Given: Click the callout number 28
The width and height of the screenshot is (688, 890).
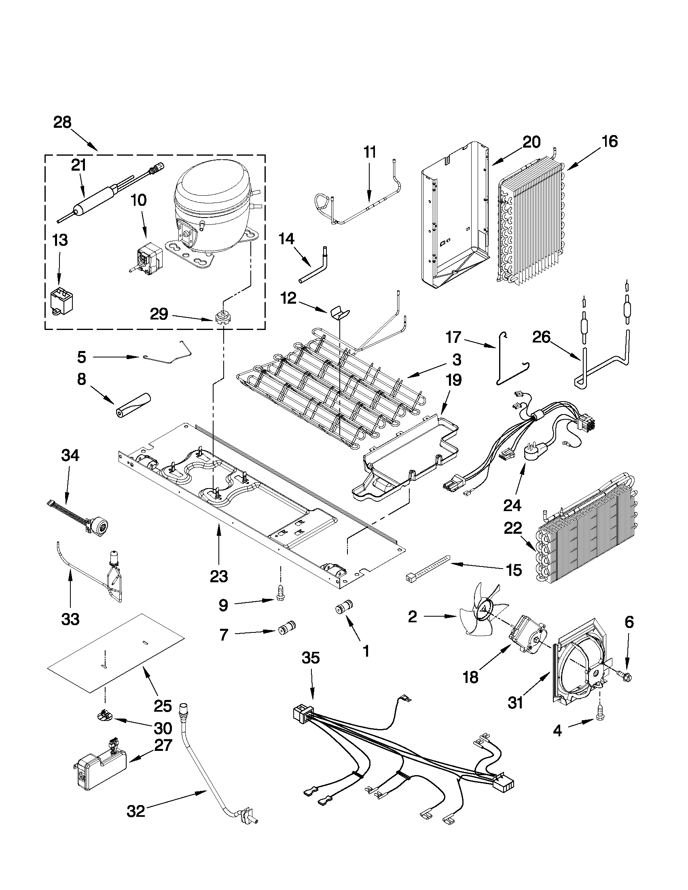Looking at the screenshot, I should pos(62,122).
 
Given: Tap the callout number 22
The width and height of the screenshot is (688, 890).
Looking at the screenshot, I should pos(513,528).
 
